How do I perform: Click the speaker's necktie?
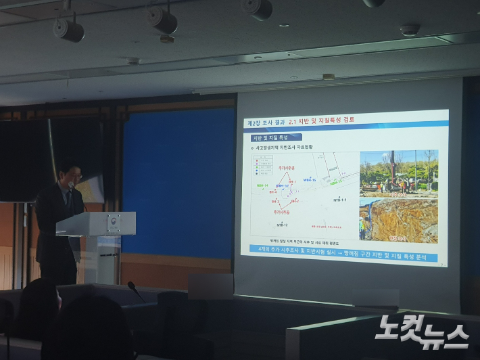68,198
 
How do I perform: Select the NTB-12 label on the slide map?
282,225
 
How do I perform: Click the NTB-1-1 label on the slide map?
339,200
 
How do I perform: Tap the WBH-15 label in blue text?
310,180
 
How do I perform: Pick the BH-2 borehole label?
276,202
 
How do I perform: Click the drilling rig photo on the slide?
398,172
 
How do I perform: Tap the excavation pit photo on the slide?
398,220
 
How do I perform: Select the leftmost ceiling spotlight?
68,29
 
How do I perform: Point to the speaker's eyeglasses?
76,176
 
